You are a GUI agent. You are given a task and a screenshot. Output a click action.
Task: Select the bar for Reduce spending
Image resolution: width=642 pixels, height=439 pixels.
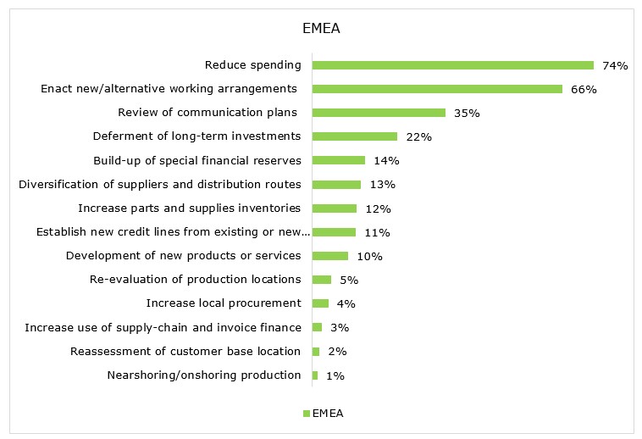(x=452, y=65)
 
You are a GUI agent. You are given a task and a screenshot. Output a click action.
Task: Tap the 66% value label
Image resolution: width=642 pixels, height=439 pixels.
(x=583, y=89)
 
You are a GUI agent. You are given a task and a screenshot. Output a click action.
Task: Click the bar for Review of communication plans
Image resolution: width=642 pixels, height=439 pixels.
(x=379, y=113)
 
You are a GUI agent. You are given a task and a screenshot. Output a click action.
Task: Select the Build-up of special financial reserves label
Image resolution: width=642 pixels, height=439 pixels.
(x=196, y=160)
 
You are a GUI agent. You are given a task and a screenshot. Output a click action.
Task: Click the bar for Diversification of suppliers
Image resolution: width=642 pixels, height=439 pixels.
(x=336, y=184)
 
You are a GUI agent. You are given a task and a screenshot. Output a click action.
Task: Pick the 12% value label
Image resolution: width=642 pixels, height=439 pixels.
(x=377, y=208)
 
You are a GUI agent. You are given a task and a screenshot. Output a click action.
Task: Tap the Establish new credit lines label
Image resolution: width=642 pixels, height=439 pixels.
(x=174, y=232)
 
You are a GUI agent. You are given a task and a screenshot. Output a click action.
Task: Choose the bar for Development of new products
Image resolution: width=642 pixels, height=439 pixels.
(x=330, y=256)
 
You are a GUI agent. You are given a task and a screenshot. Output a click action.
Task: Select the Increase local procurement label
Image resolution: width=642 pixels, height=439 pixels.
(x=224, y=303)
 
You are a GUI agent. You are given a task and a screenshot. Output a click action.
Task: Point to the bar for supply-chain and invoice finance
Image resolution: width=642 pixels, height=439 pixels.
(x=317, y=327)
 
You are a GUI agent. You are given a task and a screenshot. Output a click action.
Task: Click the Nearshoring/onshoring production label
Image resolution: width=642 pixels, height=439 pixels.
(x=204, y=375)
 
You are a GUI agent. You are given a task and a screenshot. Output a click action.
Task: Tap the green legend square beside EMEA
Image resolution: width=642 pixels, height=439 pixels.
(x=306, y=414)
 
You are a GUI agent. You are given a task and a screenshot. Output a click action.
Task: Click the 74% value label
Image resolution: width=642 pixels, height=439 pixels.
(x=614, y=65)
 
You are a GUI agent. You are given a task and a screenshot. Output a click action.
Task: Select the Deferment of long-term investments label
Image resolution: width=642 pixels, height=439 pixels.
(x=196, y=136)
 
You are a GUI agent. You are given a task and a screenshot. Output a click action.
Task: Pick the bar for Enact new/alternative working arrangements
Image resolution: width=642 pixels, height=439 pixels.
(x=437, y=89)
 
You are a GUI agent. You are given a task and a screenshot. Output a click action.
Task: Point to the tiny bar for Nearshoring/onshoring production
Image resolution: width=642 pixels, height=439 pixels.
(x=315, y=375)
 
